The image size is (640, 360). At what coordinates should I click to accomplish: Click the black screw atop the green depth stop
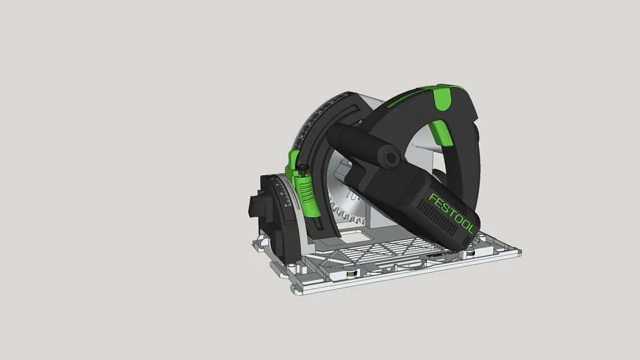tap(302, 168)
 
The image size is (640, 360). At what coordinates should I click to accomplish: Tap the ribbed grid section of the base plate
tap(394, 250)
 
